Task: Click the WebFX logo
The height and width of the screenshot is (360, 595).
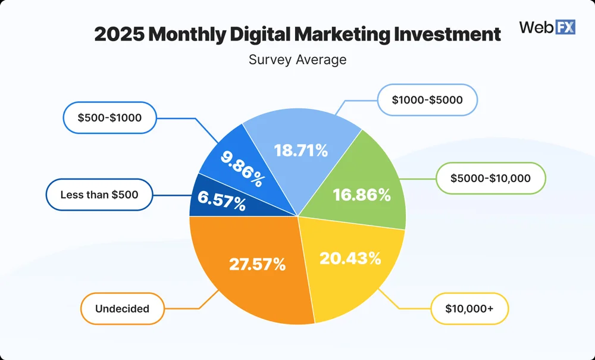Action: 547,27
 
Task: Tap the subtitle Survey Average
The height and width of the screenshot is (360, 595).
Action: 297,60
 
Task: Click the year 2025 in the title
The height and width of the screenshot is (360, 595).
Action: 119,35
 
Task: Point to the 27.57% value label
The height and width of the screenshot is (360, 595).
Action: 258,264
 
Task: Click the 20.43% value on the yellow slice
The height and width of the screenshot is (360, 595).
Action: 350,258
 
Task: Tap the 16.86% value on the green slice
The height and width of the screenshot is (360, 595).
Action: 362,195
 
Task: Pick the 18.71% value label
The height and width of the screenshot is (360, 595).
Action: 301,151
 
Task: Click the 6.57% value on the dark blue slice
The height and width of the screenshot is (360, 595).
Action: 223,204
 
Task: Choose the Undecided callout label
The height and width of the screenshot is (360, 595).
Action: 122,309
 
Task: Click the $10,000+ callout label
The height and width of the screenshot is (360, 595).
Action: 469,309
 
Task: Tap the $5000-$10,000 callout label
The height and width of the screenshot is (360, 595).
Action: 490,178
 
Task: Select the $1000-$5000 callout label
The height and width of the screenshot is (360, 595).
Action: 427,99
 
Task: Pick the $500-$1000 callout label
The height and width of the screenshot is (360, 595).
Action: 110,117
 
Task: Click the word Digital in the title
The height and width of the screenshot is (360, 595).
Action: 259,35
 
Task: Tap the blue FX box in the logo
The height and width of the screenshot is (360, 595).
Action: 565,27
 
